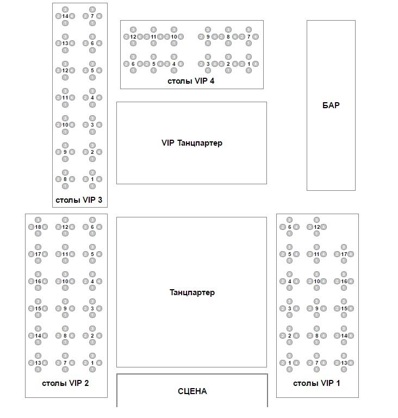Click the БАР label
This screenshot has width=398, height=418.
[331, 105]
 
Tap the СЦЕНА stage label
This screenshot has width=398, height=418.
[192, 391]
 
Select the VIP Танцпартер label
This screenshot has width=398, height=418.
[192, 143]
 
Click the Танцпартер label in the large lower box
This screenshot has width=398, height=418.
[192, 292]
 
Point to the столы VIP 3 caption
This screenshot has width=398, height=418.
[79, 199]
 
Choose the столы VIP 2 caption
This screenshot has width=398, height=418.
[65, 383]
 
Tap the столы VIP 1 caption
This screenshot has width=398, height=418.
[316, 383]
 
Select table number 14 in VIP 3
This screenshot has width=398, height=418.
[65, 16]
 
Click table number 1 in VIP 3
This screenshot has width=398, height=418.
[92, 179]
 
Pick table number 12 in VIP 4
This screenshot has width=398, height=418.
[133, 36]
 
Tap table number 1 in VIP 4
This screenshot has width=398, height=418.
[248, 64]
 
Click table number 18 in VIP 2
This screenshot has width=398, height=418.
[38, 227]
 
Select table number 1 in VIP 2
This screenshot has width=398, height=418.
[92, 363]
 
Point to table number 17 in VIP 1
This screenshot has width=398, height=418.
[344, 254]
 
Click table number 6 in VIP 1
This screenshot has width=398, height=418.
[289, 227]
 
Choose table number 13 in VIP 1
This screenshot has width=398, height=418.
[344, 363]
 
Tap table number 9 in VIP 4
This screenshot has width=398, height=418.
[208, 36]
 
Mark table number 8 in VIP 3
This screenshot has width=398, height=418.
[65, 179]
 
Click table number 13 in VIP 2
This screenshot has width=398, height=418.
[38, 363]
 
